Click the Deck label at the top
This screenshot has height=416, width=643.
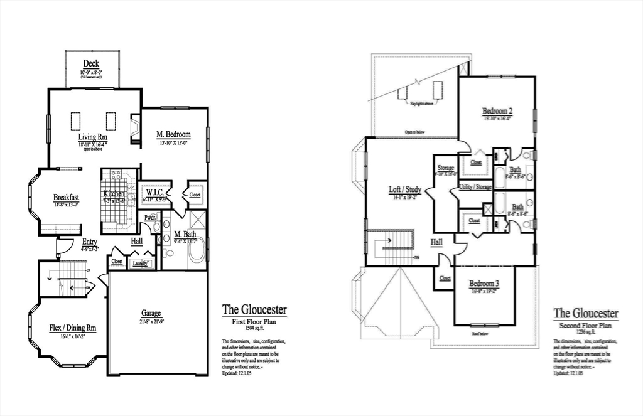point(91,63)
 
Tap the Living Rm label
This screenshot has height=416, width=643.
point(93,137)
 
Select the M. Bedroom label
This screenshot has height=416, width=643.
point(173,134)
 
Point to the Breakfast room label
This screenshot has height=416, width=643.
point(66,197)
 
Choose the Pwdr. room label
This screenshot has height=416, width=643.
point(151,218)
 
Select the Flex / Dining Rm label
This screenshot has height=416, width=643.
point(73,328)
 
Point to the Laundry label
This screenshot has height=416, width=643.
point(140,264)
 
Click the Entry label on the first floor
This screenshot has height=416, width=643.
point(90,242)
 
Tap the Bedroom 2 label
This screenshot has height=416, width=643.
point(497,112)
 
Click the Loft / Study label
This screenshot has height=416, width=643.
point(404,189)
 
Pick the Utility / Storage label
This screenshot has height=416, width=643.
point(475,186)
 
